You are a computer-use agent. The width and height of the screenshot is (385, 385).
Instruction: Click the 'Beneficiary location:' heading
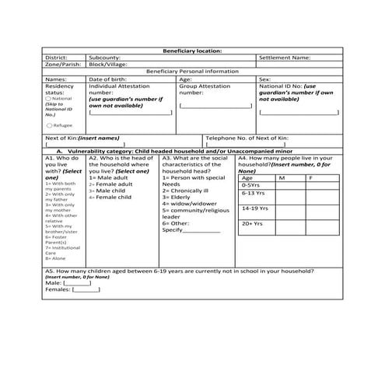(x=192, y=50)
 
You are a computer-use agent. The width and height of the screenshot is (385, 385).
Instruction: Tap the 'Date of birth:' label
(x=110, y=79)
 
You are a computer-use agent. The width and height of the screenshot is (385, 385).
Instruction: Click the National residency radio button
(x=49, y=100)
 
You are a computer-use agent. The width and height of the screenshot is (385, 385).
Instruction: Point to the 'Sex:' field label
(x=264, y=79)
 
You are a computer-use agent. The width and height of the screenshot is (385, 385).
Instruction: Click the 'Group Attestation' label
(x=205, y=86)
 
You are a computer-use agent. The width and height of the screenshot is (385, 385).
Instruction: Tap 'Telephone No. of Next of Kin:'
(x=248, y=138)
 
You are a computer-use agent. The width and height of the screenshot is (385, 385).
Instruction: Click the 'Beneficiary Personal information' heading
(x=192, y=72)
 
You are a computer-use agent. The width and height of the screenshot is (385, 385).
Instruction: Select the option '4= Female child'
(x=110, y=197)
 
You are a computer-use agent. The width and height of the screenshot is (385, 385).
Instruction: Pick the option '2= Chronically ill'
(x=187, y=191)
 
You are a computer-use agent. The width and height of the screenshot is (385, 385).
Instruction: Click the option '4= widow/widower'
(x=190, y=204)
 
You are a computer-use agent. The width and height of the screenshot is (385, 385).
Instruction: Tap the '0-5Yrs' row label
(x=250, y=185)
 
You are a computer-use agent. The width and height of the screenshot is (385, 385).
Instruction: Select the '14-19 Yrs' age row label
(x=254, y=208)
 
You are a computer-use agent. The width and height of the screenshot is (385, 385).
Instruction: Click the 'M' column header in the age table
(x=282, y=178)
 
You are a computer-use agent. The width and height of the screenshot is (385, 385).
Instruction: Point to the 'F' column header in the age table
(x=310, y=178)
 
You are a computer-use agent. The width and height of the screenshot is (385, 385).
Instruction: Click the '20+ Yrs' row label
(x=253, y=224)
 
